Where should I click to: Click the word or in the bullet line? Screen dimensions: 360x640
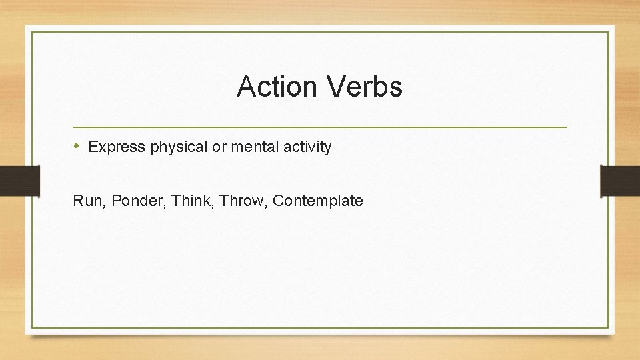(x=219, y=147)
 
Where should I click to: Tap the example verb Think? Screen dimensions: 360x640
(x=189, y=201)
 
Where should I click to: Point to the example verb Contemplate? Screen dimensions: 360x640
(x=318, y=201)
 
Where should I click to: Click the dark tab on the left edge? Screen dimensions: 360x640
(x=19, y=181)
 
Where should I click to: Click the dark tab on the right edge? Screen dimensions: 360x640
(x=620, y=181)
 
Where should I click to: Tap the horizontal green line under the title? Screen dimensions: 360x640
(x=320, y=127)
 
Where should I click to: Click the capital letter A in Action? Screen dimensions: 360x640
(x=245, y=87)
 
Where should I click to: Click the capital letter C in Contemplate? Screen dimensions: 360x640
(x=278, y=201)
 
